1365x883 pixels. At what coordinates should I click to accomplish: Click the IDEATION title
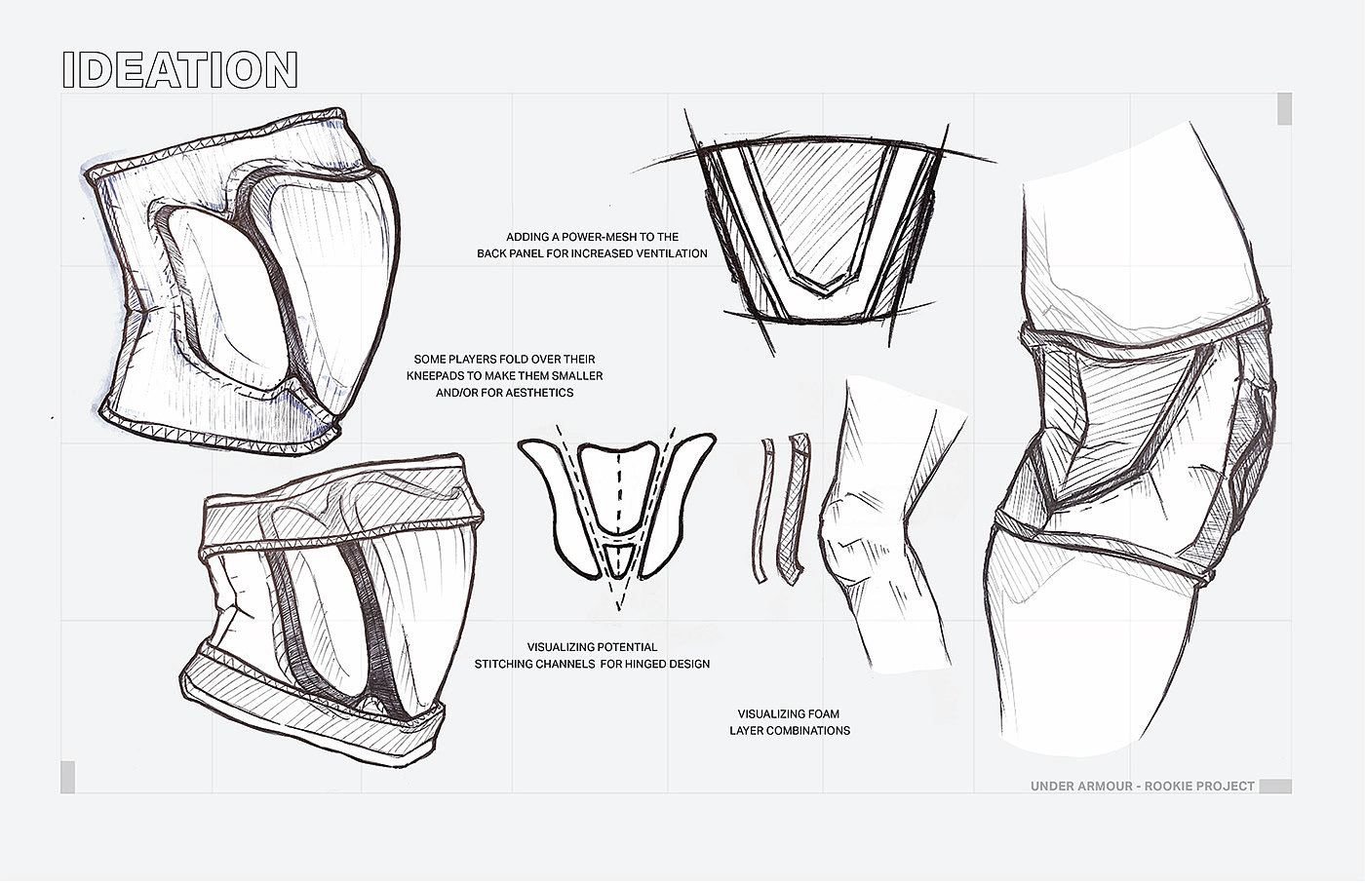pos(179,70)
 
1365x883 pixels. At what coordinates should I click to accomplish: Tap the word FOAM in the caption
pos(818,714)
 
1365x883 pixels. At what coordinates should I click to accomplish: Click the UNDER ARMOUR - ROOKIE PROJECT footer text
pos(1142,786)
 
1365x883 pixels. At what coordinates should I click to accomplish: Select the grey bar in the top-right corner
pos(1284,109)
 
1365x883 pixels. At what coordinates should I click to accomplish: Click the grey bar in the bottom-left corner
pos(67,777)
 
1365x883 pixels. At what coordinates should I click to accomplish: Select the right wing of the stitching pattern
pos(673,497)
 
